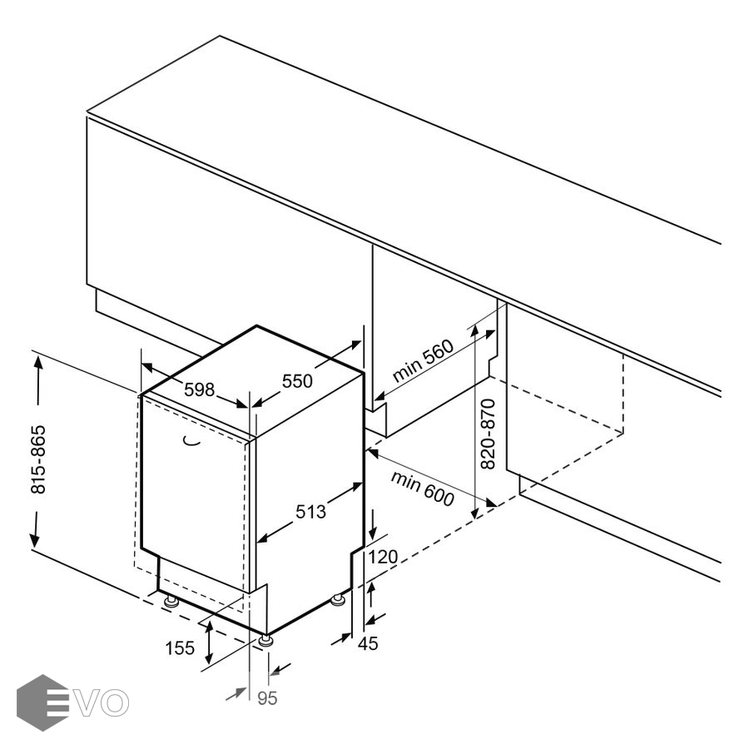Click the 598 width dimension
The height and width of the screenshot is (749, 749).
point(199,390)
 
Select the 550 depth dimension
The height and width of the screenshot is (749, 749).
point(297,381)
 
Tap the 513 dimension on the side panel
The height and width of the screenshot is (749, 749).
point(310,512)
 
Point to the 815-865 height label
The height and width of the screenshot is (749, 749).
point(38,459)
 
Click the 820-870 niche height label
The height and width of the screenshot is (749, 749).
point(488,434)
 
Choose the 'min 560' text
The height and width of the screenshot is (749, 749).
point(423,360)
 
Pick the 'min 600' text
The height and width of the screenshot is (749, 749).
point(422,489)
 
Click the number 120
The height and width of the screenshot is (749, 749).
point(383,557)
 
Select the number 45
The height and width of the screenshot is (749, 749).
point(368,643)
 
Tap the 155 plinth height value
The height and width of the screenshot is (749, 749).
point(180,648)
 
